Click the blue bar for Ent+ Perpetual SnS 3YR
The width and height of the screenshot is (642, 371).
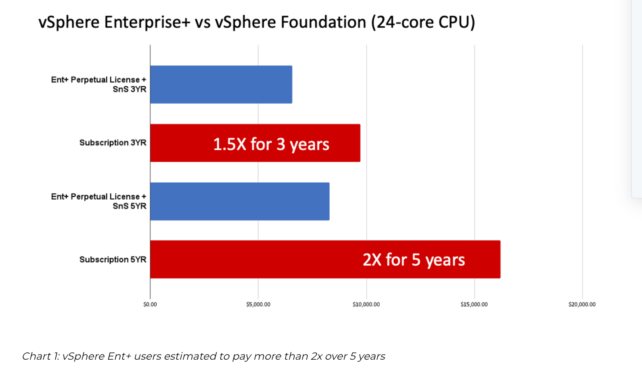(x=221, y=84)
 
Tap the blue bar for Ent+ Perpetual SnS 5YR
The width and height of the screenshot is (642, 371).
(x=240, y=201)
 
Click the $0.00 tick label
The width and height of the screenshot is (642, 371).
(x=150, y=304)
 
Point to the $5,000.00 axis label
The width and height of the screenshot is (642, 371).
(x=258, y=304)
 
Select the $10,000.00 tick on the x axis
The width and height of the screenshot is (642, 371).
(x=366, y=304)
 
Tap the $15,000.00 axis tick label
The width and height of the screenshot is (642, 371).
(x=474, y=304)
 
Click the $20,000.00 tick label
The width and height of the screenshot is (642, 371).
(x=582, y=304)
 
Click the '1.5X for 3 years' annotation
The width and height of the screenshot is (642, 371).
(x=271, y=144)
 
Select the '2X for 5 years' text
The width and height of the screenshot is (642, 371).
(x=414, y=260)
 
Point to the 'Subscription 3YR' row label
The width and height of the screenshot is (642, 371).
(x=113, y=143)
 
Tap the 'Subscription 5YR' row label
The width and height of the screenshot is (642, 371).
(x=113, y=260)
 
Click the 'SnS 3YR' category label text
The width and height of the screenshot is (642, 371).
(x=129, y=89)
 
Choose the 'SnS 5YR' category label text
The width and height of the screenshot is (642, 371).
(x=129, y=206)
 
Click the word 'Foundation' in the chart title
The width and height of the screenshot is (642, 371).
(x=323, y=22)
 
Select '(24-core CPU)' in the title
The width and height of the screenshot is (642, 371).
(x=423, y=22)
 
